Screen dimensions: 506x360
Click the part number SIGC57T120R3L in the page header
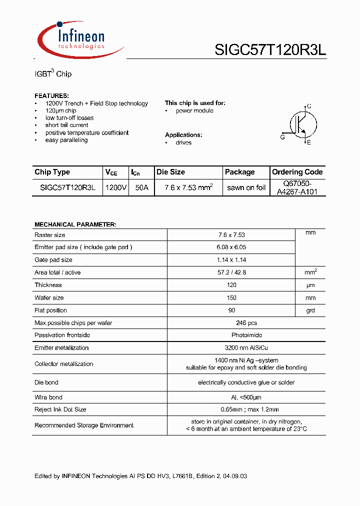(x=270, y=50)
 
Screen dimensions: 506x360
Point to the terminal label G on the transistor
(x=282, y=137)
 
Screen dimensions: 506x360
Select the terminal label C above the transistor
(x=309, y=106)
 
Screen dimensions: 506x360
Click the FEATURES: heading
(x=51, y=95)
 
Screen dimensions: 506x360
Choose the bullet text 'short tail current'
(x=66, y=125)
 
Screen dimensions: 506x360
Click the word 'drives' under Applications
(x=183, y=142)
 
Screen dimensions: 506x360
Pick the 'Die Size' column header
(x=170, y=172)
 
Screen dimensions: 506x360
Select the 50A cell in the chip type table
(x=141, y=187)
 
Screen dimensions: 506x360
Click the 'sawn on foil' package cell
(x=246, y=187)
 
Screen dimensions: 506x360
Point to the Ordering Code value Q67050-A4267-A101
(x=297, y=187)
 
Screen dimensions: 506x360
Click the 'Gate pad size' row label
(x=53, y=260)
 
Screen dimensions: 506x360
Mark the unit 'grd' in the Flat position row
(x=310, y=310)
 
